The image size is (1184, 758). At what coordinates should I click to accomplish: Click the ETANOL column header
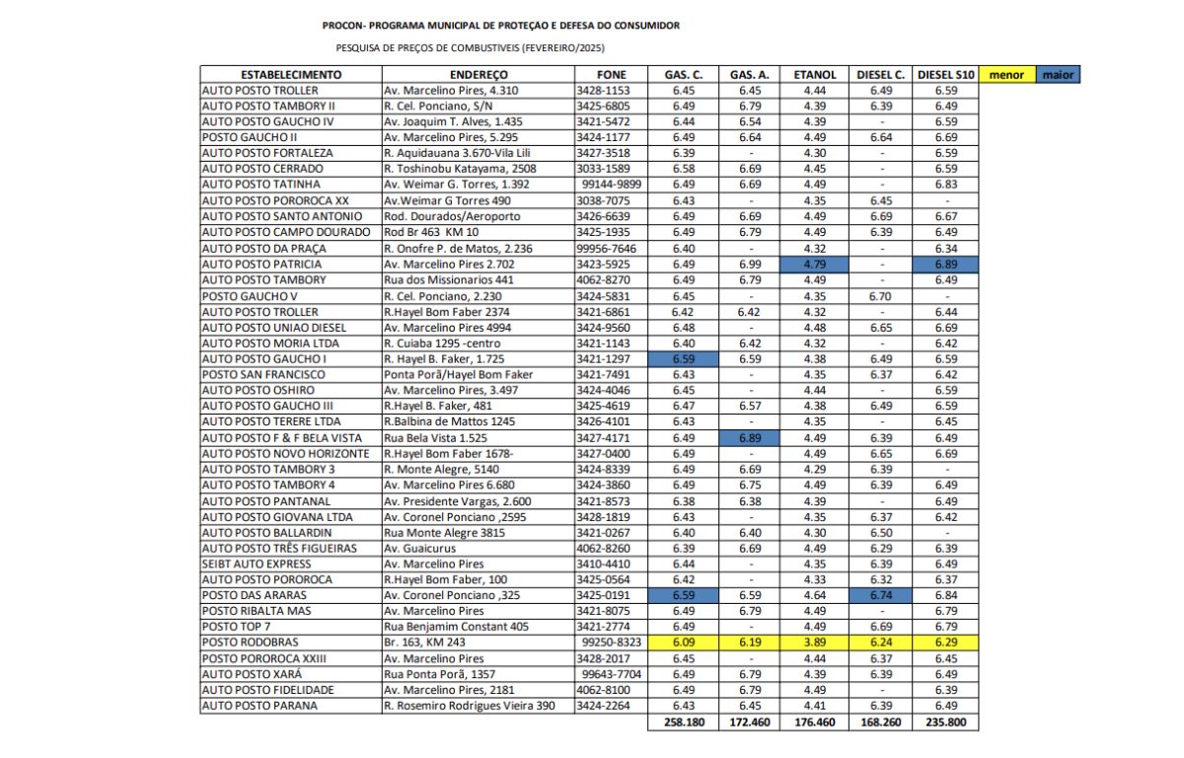click(x=814, y=74)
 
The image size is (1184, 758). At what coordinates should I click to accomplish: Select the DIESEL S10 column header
click(x=946, y=74)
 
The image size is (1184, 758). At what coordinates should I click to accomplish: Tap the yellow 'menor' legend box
click(x=1005, y=74)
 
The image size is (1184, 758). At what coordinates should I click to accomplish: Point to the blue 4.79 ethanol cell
click(x=814, y=264)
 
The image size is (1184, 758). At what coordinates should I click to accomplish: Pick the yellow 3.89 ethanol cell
click(x=814, y=643)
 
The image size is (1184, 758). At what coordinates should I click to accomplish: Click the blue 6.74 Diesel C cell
click(x=881, y=595)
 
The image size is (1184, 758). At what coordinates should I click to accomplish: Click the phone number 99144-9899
click(x=612, y=185)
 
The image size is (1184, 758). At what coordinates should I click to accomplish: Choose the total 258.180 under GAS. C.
click(x=683, y=721)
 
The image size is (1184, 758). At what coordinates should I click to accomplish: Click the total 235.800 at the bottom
click(x=946, y=721)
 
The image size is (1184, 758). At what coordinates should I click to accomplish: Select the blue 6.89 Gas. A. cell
click(x=749, y=437)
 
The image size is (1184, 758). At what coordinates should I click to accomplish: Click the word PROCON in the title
click(x=340, y=26)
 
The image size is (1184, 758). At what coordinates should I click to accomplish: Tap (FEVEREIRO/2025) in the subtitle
click(x=563, y=47)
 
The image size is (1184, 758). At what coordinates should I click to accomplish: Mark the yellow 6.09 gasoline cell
click(x=683, y=643)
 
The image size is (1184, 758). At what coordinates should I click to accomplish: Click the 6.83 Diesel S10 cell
click(x=946, y=185)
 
